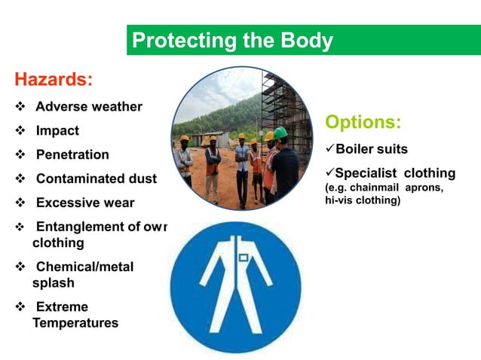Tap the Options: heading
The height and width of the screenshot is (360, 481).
[363, 122]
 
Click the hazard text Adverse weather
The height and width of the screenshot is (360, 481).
[89, 106]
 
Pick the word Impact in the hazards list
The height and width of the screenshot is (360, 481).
[57, 130]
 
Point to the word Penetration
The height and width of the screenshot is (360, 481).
[72, 154]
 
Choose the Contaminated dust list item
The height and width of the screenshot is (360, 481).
[97, 178]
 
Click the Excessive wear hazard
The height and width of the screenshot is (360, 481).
[85, 203]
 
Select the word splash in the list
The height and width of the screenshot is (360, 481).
[54, 283]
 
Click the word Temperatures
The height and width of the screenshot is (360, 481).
[75, 323]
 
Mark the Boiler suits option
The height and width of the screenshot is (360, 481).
[372, 148]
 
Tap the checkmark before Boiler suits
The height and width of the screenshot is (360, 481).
[329, 148]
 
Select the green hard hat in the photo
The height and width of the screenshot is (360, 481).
[280, 133]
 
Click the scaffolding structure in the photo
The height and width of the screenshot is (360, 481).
[283, 98]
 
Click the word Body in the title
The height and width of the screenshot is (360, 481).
[306, 41]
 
